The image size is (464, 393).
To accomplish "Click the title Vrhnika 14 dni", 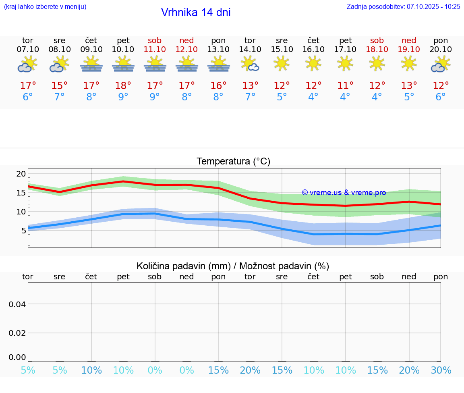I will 196,12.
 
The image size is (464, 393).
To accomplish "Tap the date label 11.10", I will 155,49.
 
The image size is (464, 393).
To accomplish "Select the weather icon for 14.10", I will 250,64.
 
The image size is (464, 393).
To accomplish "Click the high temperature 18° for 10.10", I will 123,85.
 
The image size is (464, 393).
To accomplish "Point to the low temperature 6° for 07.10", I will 28,97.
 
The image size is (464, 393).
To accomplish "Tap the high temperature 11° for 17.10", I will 345,85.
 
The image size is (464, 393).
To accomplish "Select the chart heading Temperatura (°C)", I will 233,161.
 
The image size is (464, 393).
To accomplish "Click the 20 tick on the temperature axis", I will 21,174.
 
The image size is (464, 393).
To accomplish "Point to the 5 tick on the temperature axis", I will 23,231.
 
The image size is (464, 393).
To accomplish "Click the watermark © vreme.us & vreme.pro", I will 344,193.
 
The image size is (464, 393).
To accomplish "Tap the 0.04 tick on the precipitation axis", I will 17,304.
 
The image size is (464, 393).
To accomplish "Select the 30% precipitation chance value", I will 441,370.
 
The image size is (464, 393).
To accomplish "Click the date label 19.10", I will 409,49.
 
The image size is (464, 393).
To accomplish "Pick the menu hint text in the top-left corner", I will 45,6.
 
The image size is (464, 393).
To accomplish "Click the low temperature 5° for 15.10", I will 282,97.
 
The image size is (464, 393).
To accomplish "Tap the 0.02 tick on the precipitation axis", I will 17,333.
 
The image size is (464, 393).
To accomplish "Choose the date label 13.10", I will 218,49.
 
